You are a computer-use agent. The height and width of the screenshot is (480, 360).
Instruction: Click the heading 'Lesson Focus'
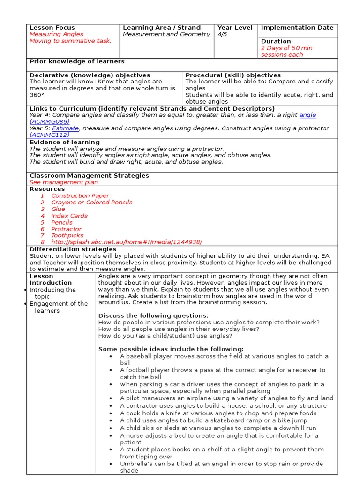coord(52,28)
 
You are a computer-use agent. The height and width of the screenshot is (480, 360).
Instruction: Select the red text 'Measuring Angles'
coord(56,34)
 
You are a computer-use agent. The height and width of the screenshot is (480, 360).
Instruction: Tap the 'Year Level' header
coord(235,28)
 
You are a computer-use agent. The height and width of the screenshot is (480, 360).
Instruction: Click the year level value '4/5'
coord(223,34)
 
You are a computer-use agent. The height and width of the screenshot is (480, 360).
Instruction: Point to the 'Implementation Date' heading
coord(297,28)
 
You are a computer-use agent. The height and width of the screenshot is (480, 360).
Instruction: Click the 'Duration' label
coord(276,41)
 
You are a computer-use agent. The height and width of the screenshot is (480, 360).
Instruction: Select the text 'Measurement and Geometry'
coord(166,34)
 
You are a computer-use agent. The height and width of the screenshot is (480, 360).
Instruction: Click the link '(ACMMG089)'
coord(50,121)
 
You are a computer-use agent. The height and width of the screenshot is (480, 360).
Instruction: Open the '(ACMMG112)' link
coord(49,135)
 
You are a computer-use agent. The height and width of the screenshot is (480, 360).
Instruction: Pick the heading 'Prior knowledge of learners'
coord(77,61)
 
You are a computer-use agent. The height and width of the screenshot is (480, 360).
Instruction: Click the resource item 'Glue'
coord(59,209)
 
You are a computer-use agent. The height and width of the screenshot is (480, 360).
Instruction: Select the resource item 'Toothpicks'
coord(67,235)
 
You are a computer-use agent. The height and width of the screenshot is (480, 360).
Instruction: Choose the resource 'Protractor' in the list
coord(67,229)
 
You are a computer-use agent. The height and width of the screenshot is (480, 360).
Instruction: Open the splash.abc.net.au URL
coord(127,242)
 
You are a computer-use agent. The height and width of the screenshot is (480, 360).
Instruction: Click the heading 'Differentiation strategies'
coord(73,249)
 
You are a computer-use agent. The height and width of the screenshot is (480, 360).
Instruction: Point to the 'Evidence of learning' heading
coord(65,142)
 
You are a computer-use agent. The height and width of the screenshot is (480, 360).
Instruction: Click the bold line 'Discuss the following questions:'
coord(153,315)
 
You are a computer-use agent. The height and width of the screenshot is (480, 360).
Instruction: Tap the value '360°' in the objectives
coord(37,95)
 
